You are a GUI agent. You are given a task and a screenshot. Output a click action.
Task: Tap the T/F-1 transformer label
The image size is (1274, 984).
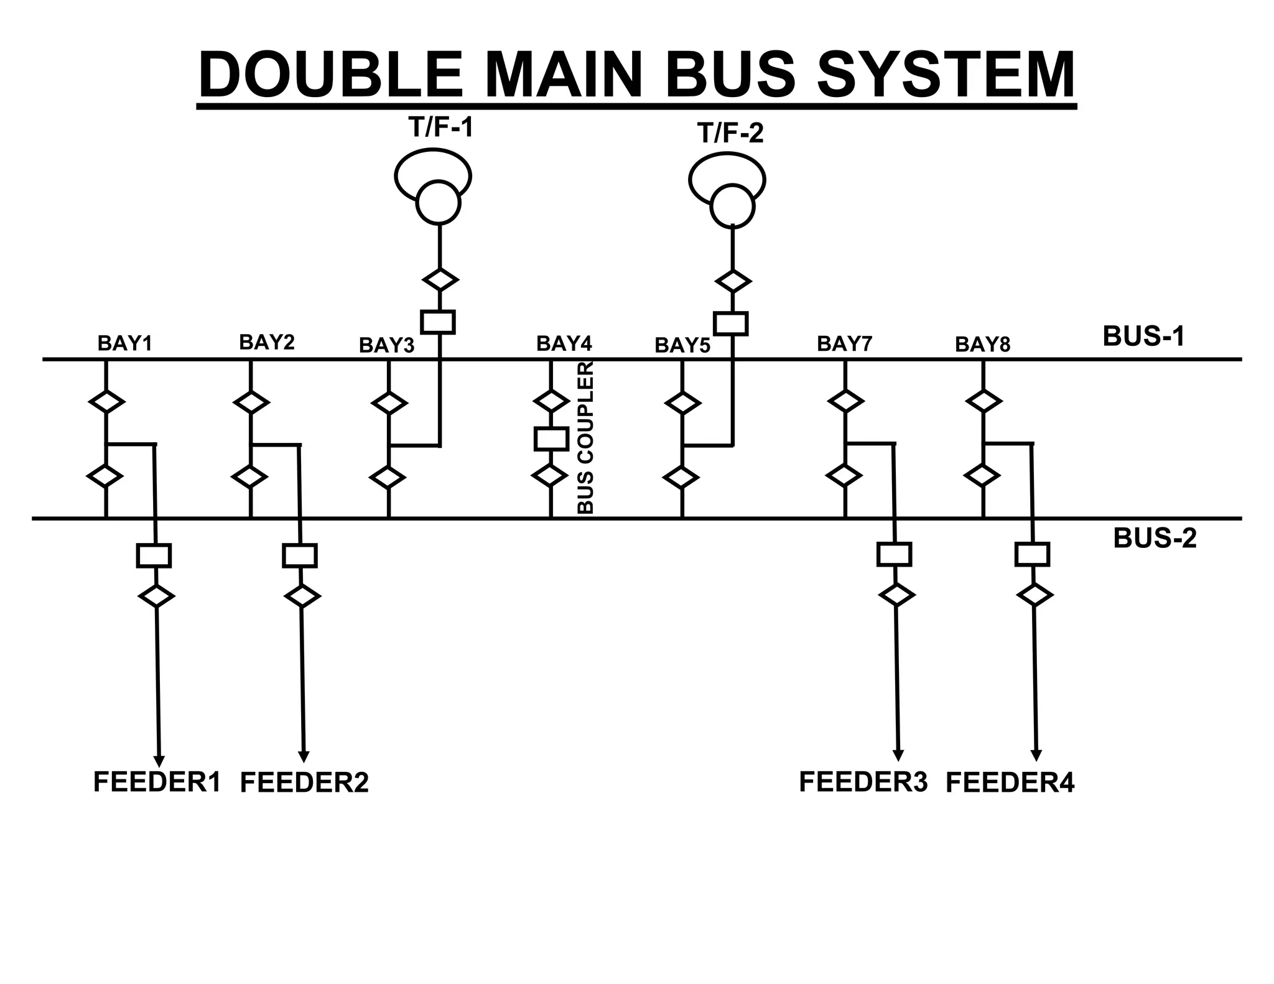[x=440, y=128]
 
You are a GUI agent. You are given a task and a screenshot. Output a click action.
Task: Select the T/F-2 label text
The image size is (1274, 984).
[x=730, y=133]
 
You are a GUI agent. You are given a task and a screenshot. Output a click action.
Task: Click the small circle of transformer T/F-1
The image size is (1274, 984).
[x=438, y=203]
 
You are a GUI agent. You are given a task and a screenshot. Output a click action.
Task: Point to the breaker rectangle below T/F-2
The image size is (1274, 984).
[x=731, y=324]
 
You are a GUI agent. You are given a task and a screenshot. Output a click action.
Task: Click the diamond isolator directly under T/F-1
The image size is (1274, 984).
[x=440, y=279]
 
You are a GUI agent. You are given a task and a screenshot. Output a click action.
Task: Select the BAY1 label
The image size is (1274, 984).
[x=125, y=343]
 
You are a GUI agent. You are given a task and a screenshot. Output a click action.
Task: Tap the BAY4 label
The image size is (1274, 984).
[x=564, y=343]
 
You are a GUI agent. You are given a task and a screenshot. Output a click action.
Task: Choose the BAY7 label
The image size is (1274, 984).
[x=844, y=343]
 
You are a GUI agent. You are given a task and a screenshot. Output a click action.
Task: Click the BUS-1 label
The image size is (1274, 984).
[x=1143, y=337]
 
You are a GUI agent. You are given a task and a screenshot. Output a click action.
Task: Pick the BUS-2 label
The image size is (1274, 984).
[x=1155, y=538]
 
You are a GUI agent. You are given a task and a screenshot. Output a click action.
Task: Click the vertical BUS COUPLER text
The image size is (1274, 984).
[x=586, y=438]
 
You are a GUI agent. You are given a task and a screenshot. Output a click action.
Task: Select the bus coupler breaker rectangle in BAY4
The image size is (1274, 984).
[x=551, y=439]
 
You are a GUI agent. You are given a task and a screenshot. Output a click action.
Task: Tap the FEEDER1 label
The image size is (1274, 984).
[x=157, y=782]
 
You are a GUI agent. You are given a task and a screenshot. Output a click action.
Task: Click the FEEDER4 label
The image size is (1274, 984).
[x=1010, y=782]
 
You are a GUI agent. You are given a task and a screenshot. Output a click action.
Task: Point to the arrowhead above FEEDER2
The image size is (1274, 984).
[x=304, y=756]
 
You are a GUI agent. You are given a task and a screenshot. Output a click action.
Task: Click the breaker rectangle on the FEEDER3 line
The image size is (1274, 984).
[x=894, y=554]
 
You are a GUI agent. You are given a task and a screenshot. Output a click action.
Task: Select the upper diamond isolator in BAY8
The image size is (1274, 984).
[x=983, y=401]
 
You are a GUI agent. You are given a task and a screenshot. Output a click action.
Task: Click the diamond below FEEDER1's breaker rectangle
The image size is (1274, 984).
[x=156, y=596]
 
